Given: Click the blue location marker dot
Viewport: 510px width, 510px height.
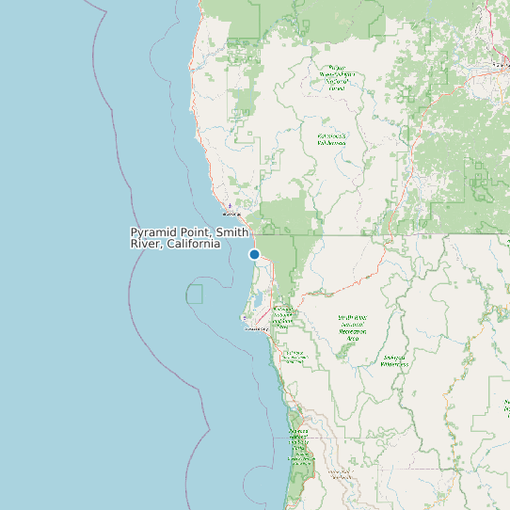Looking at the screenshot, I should (254, 254).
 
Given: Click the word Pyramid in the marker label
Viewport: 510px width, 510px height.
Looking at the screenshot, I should (151, 232).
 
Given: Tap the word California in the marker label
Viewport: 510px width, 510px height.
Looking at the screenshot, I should (193, 244).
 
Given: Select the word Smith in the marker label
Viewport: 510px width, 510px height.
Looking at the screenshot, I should (232, 232).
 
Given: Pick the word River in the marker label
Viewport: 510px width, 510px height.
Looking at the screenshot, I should (146, 244).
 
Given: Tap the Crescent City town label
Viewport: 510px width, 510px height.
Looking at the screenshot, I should (257, 328).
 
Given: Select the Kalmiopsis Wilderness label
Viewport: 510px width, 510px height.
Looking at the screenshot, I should (331, 139).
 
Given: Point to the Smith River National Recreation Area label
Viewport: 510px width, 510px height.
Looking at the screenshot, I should (354, 327).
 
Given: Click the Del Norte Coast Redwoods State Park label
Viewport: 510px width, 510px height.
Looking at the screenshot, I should (295, 357).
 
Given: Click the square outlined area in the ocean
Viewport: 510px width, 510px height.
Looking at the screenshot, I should (195, 294).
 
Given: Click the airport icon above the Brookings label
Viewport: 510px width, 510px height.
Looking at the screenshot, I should (230, 204).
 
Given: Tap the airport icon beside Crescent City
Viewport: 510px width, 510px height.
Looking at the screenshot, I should (246, 318).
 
